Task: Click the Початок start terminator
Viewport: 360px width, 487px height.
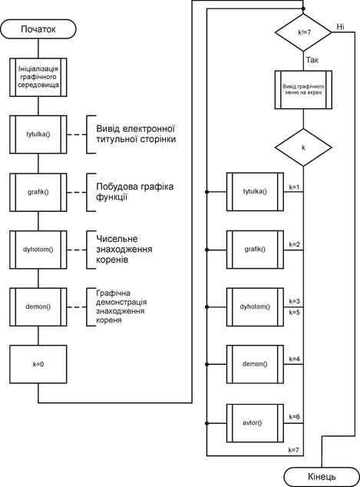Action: click(x=38, y=29)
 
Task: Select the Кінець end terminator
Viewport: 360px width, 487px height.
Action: click(x=322, y=476)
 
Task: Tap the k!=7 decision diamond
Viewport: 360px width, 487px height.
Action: click(x=303, y=32)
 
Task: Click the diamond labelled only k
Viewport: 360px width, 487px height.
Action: click(x=303, y=147)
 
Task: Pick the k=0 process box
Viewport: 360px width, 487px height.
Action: click(x=38, y=364)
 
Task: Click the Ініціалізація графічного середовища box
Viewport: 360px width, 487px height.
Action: click(x=38, y=77)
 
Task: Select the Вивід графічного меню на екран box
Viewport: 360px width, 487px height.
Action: click(x=303, y=90)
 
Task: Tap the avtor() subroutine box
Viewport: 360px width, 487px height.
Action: click(x=255, y=423)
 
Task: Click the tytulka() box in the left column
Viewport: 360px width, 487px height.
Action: click(x=38, y=134)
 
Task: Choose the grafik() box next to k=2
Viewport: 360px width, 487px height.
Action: click(x=255, y=250)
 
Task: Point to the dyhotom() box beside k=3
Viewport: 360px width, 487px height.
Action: click(x=255, y=306)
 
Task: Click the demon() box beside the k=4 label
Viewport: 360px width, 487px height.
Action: click(x=255, y=364)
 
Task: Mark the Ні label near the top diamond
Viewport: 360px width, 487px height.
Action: click(x=341, y=27)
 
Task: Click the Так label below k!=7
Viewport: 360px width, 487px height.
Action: click(x=312, y=60)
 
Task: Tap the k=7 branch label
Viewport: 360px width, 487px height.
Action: click(x=294, y=449)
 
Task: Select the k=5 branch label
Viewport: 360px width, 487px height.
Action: click(x=295, y=312)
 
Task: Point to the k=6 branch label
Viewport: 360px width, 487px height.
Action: click(x=295, y=417)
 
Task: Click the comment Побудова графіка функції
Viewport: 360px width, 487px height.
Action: click(x=134, y=191)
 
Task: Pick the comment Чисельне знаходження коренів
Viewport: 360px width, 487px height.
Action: click(x=124, y=249)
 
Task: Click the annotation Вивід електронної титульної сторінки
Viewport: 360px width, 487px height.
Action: click(x=136, y=134)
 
